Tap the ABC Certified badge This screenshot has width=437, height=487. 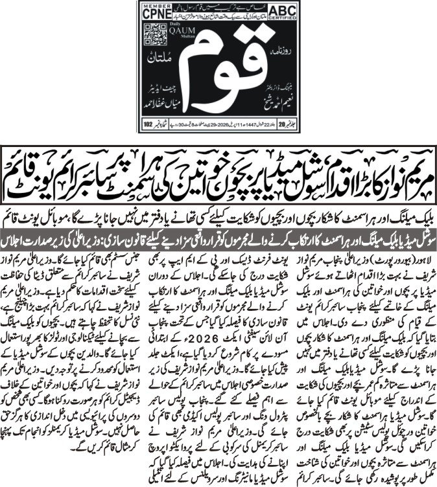click(x=283, y=13)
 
